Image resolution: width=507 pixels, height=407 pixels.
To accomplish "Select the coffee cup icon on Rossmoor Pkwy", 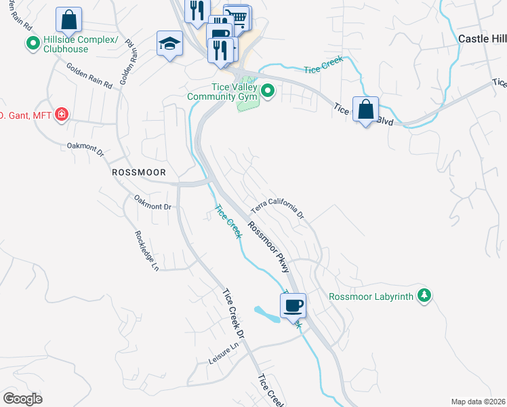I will (x=293, y=306).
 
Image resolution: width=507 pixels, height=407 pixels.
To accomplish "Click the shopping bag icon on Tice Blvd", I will (x=365, y=109).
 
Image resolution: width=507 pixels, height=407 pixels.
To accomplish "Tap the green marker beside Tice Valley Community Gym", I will (x=268, y=90).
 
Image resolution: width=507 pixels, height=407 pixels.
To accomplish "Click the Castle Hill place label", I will (x=482, y=39).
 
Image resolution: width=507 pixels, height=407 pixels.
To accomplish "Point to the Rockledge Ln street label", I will (x=146, y=250).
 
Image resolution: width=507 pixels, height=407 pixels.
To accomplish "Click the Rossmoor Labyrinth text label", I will (x=370, y=296).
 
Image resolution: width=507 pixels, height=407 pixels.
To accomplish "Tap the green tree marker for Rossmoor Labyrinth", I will (x=424, y=295).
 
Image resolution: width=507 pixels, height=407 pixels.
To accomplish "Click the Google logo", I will (x=22, y=398).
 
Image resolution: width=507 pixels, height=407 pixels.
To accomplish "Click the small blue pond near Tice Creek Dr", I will (x=266, y=313).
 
